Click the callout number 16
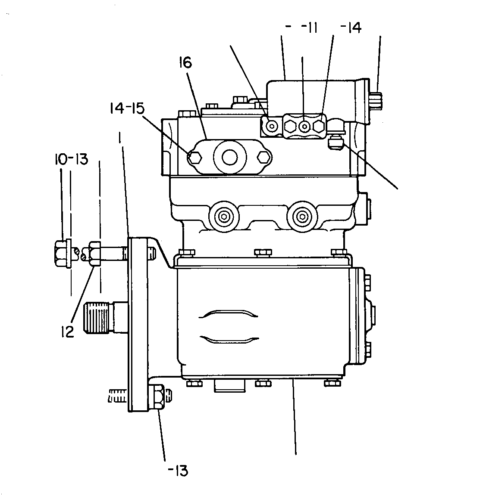[185, 62]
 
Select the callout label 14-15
[127, 108]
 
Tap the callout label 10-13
[71, 159]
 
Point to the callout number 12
[68, 331]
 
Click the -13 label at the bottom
[178, 471]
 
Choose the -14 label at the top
[351, 28]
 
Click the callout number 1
[120, 138]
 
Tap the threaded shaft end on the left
[98, 318]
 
